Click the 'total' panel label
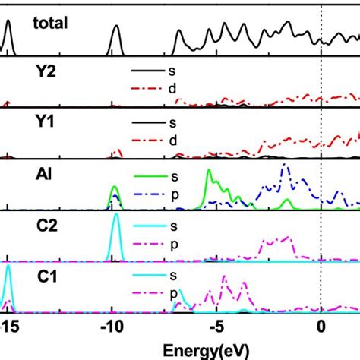51,24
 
